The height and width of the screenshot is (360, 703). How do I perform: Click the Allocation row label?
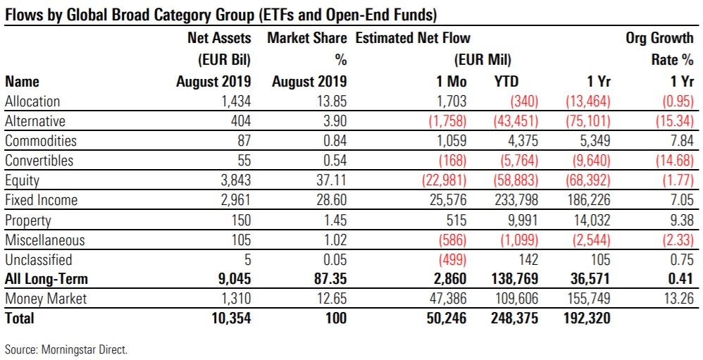(32, 101)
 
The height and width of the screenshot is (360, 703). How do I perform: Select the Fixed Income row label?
(41, 200)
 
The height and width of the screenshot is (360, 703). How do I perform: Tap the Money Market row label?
(46, 299)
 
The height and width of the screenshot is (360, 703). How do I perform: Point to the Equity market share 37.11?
(328, 180)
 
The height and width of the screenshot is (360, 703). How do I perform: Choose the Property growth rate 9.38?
(680, 220)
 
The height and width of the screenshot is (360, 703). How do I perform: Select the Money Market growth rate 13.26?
(678, 299)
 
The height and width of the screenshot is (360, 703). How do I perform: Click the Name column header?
(23, 82)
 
